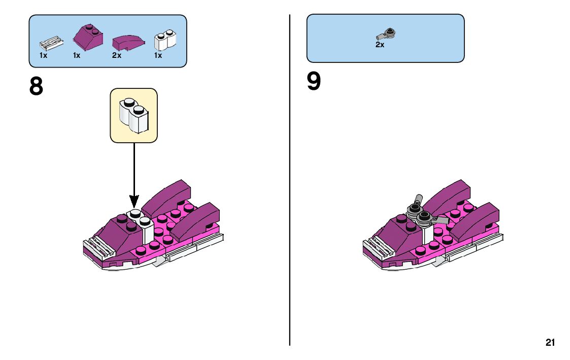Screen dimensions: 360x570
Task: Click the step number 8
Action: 37,86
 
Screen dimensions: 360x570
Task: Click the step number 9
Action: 314,82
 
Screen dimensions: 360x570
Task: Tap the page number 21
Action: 550,343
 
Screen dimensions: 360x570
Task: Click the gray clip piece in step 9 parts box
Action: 387,35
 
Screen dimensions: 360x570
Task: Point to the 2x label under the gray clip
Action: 380,45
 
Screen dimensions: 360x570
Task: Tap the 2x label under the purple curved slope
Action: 117,55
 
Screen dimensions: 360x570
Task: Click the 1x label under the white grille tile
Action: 44,55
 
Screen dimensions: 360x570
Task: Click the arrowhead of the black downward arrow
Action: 134,203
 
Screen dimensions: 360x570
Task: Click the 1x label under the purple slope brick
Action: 77,55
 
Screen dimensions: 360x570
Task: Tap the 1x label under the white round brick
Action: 158,55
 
